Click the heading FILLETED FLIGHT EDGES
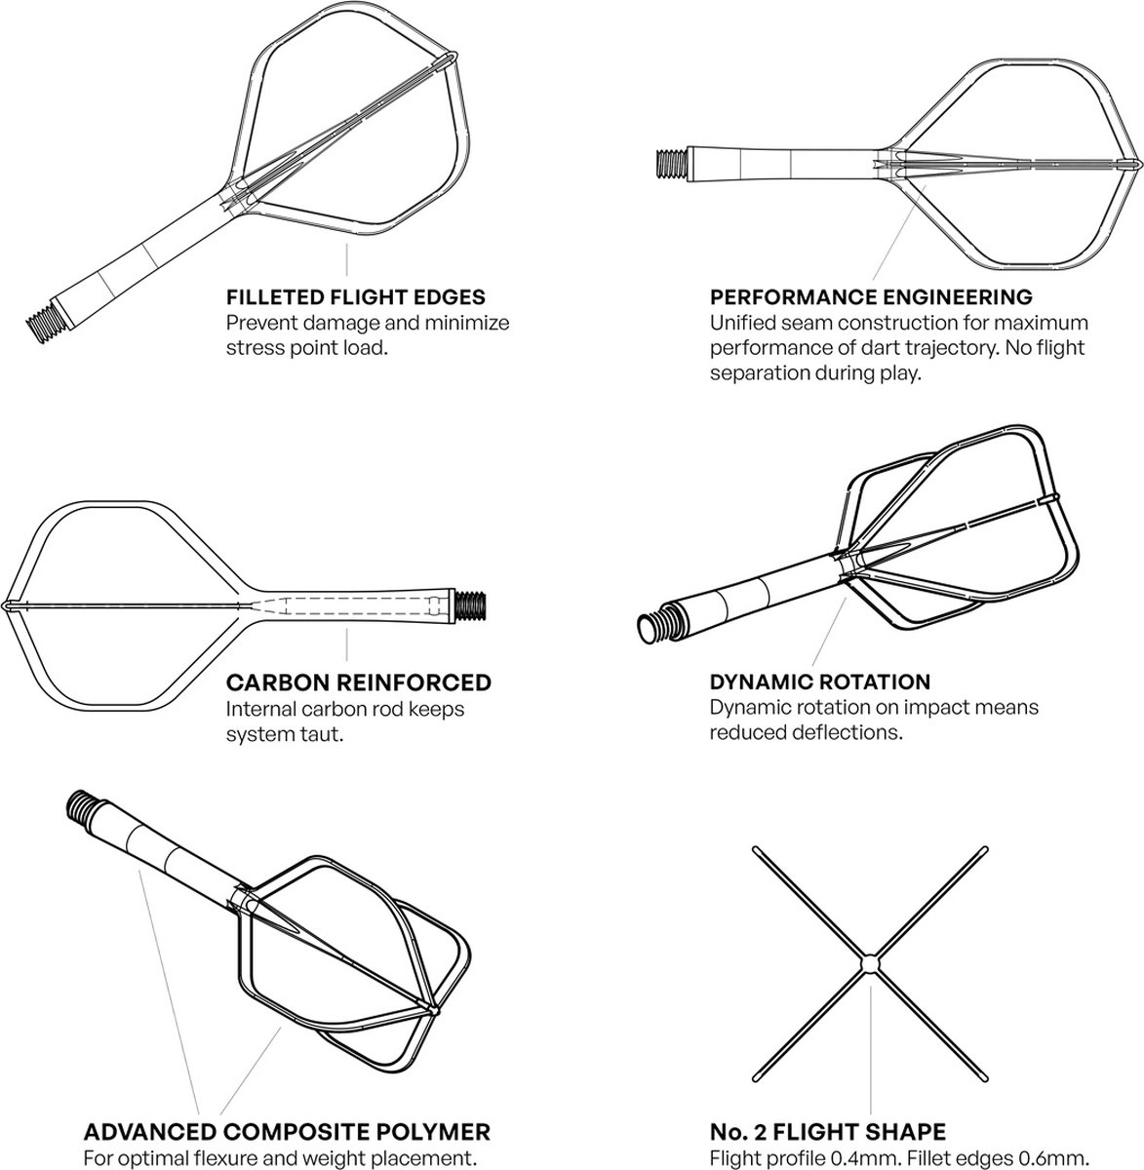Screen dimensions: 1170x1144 tap(355, 296)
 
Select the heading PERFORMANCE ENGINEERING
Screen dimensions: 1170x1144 tap(871, 296)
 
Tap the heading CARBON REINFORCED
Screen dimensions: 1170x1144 tap(358, 682)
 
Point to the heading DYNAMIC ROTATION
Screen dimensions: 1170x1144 tap(819, 682)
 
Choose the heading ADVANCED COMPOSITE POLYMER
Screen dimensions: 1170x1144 tap(287, 1132)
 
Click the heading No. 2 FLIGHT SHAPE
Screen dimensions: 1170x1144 tap(827, 1132)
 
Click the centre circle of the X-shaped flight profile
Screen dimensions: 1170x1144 tap(870, 963)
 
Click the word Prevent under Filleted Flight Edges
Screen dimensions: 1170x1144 tap(258, 323)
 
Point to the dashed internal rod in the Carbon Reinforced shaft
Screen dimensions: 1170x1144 tap(351, 605)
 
